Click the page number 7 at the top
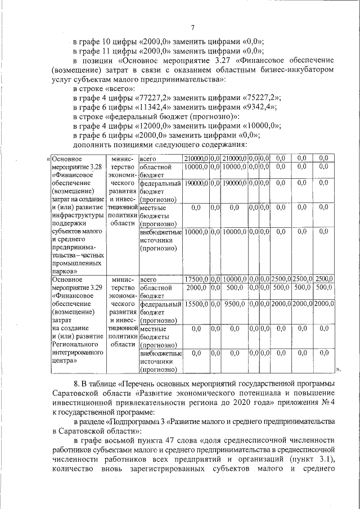(192, 28)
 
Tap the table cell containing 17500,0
(196, 279)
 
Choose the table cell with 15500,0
(196, 304)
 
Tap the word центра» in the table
(64, 362)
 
